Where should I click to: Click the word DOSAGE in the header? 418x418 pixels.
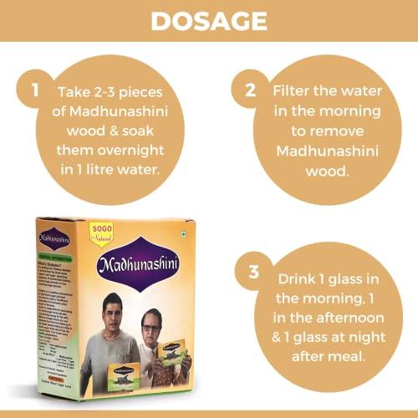click(208, 20)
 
